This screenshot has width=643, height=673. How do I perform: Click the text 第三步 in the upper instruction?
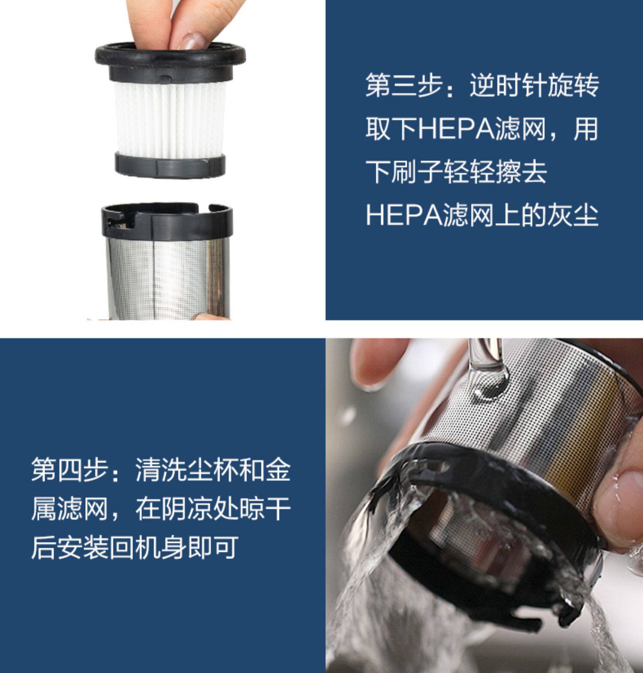404,85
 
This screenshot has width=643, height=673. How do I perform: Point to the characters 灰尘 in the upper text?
572,215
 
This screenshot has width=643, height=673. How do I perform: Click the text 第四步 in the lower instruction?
69,470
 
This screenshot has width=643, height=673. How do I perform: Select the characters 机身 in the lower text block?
160,547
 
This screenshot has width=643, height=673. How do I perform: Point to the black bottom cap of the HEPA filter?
170,164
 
